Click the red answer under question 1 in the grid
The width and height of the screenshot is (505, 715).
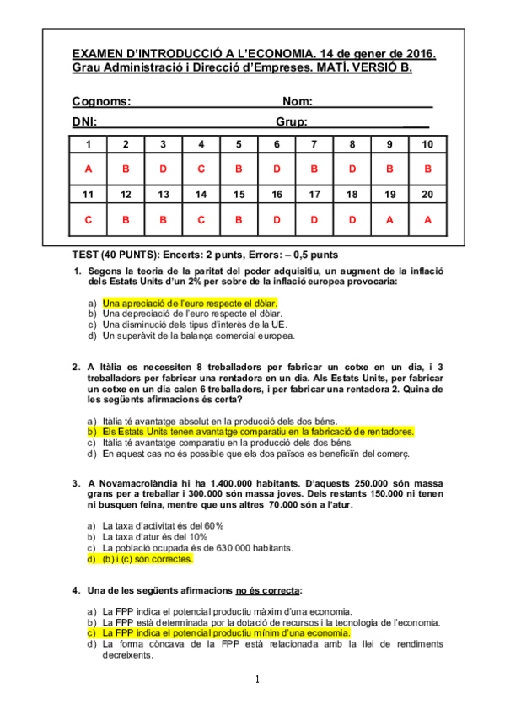pos(88,169)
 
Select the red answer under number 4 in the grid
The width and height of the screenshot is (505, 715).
pos(201,169)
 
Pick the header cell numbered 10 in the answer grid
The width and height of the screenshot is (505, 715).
pos(428,144)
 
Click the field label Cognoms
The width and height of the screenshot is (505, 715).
pos(101,101)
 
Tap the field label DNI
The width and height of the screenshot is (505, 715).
pos(83,121)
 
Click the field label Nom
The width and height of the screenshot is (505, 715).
pos(298,101)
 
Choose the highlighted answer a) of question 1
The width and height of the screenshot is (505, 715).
pos(190,302)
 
